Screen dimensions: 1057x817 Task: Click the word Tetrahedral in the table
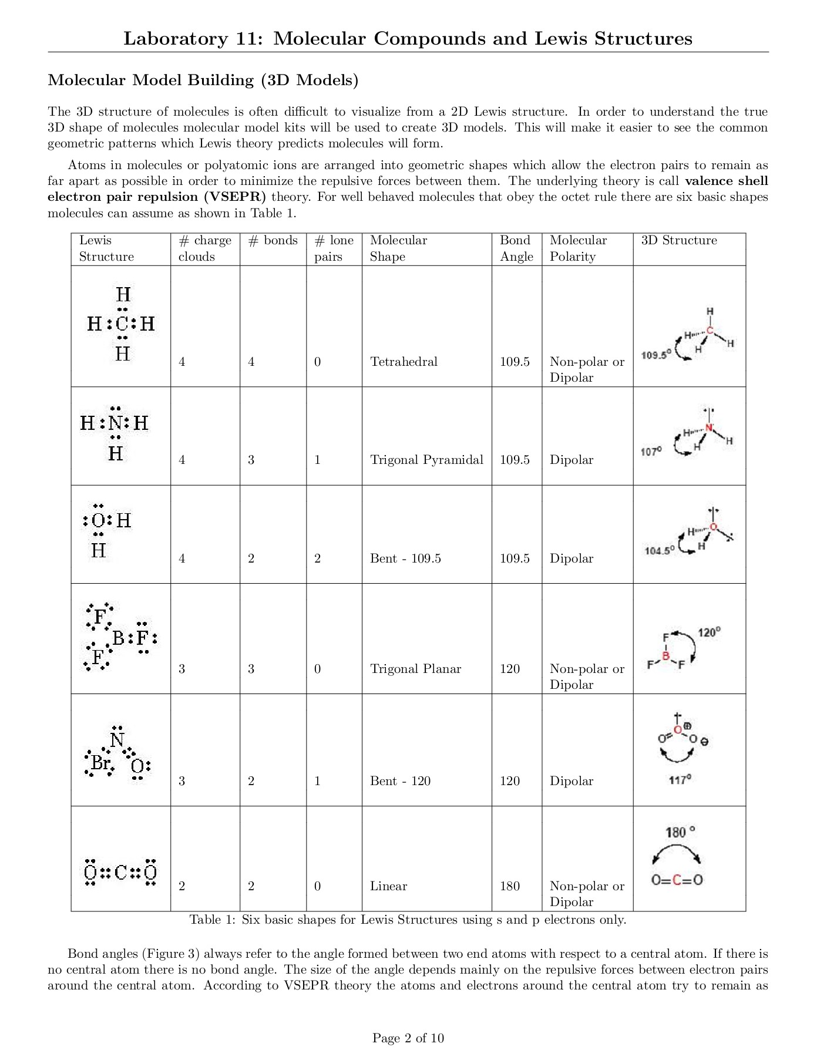coord(404,362)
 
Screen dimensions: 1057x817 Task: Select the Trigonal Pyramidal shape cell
coord(426,460)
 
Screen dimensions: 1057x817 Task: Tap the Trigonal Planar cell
coord(415,669)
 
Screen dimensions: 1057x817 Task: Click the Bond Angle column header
coord(516,248)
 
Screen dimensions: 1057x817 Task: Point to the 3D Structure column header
coord(679,241)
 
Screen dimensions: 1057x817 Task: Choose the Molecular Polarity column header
coord(578,248)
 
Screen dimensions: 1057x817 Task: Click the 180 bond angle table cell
coord(510,886)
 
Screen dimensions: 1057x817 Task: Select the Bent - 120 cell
coord(400,781)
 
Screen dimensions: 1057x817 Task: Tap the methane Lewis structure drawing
coord(121,324)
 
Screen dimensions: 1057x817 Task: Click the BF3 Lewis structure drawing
coord(120,637)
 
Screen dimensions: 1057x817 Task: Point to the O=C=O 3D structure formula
coord(677,880)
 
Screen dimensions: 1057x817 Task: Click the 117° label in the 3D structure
coord(680,780)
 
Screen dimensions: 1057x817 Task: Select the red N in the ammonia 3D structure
coord(709,428)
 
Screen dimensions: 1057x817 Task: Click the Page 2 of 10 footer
coord(408,1038)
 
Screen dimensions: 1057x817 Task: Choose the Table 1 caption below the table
coord(408,920)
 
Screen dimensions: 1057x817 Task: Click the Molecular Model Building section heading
coord(203,80)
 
